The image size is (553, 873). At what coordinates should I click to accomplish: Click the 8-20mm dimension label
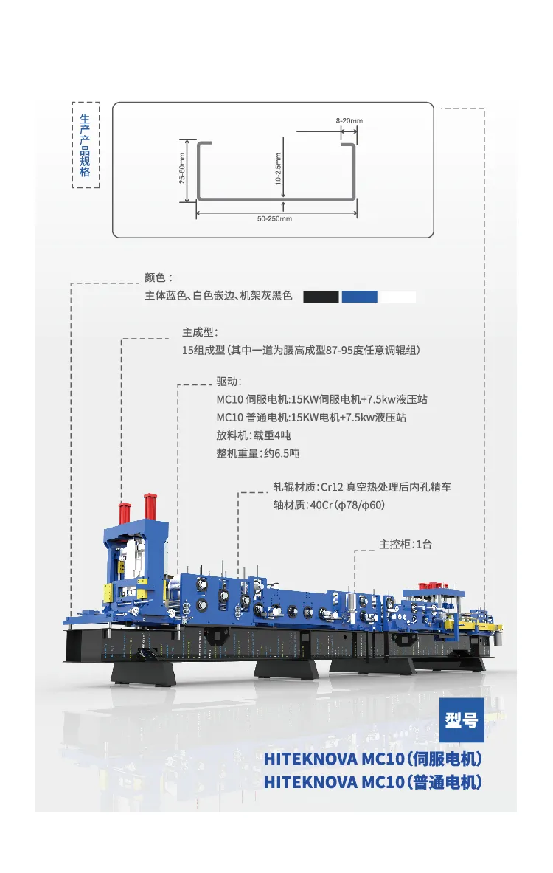(x=349, y=120)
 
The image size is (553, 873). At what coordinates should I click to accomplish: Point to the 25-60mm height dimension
(x=182, y=169)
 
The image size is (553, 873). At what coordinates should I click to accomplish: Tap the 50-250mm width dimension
(x=274, y=219)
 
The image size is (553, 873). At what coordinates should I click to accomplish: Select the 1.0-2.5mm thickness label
(x=278, y=169)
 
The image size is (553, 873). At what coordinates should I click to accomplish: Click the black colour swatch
(x=321, y=297)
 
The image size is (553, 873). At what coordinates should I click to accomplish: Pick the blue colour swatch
(x=359, y=297)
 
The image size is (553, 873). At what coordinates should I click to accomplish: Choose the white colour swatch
(x=397, y=297)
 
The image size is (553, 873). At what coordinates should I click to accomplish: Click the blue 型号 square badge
(x=462, y=720)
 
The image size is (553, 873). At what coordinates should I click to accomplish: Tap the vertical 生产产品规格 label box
(x=85, y=145)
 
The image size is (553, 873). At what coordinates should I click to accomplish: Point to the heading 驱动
(x=229, y=382)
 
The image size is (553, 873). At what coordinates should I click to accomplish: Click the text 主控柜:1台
(x=406, y=544)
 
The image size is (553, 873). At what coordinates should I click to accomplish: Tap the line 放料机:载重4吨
(x=254, y=435)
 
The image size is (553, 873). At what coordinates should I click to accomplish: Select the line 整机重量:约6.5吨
(x=258, y=453)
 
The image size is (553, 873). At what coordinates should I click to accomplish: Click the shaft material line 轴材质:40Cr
(x=329, y=505)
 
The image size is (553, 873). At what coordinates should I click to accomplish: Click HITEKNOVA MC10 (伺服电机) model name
(x=373, y=759)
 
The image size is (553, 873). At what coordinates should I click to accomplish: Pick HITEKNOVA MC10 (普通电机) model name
(x=373, y=782)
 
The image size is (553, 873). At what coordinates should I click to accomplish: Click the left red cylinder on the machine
(x=125, y=512)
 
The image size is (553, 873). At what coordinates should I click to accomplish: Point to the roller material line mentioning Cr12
(x=362, y=487)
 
